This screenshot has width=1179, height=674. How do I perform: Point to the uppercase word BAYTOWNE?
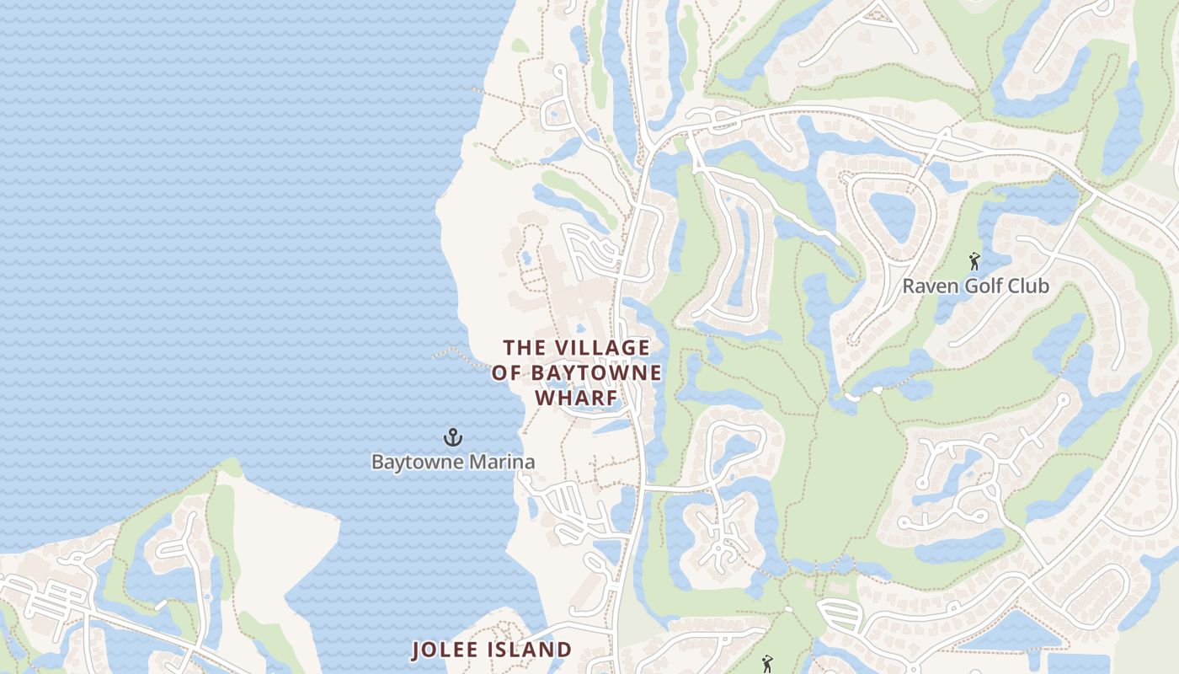[x=596, y=372]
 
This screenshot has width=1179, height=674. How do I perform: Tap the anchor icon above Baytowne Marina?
[x=453, y=437]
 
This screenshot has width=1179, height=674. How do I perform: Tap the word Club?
[x=1028, y=286]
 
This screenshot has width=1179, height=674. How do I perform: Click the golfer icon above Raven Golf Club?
[x=975, y=261]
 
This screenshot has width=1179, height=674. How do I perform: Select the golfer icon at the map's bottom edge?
[x=766, y=665]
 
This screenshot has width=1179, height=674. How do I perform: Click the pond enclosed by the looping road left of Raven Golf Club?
[x=890, y=214]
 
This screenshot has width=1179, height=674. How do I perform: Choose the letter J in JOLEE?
[x=416, y=650]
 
